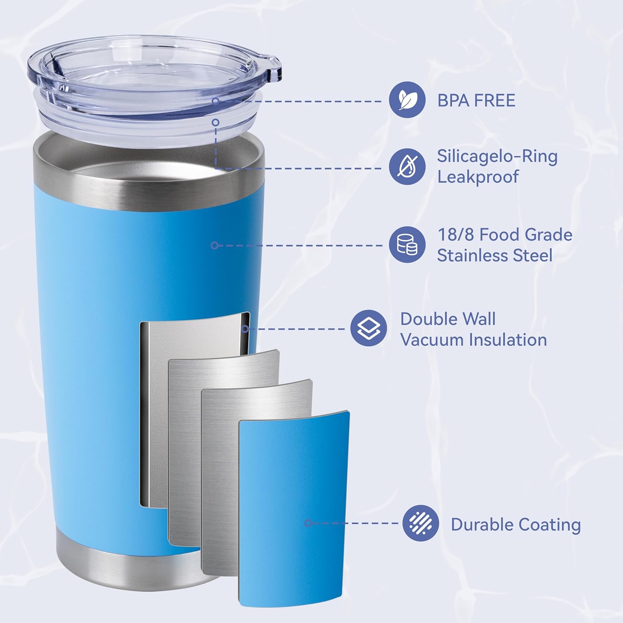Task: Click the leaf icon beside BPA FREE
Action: coord(407,100)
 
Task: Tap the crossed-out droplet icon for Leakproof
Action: coord(407,166)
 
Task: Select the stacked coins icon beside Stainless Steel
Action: coord(407,245)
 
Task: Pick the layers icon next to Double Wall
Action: coord(368,328)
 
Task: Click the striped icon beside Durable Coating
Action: coord(420,523)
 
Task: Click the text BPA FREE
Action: coord(476,101)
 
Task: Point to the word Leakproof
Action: coord(478,177)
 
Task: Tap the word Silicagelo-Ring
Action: coord(497,156)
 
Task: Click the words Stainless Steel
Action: coord(494,255)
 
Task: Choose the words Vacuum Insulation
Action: coord(473,340)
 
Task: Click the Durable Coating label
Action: coord(515,525)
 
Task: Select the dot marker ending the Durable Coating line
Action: coord(308,523)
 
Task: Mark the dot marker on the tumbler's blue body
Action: coord(214,245)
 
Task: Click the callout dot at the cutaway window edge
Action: coord(245,329)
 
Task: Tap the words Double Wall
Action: coord(448,319)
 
